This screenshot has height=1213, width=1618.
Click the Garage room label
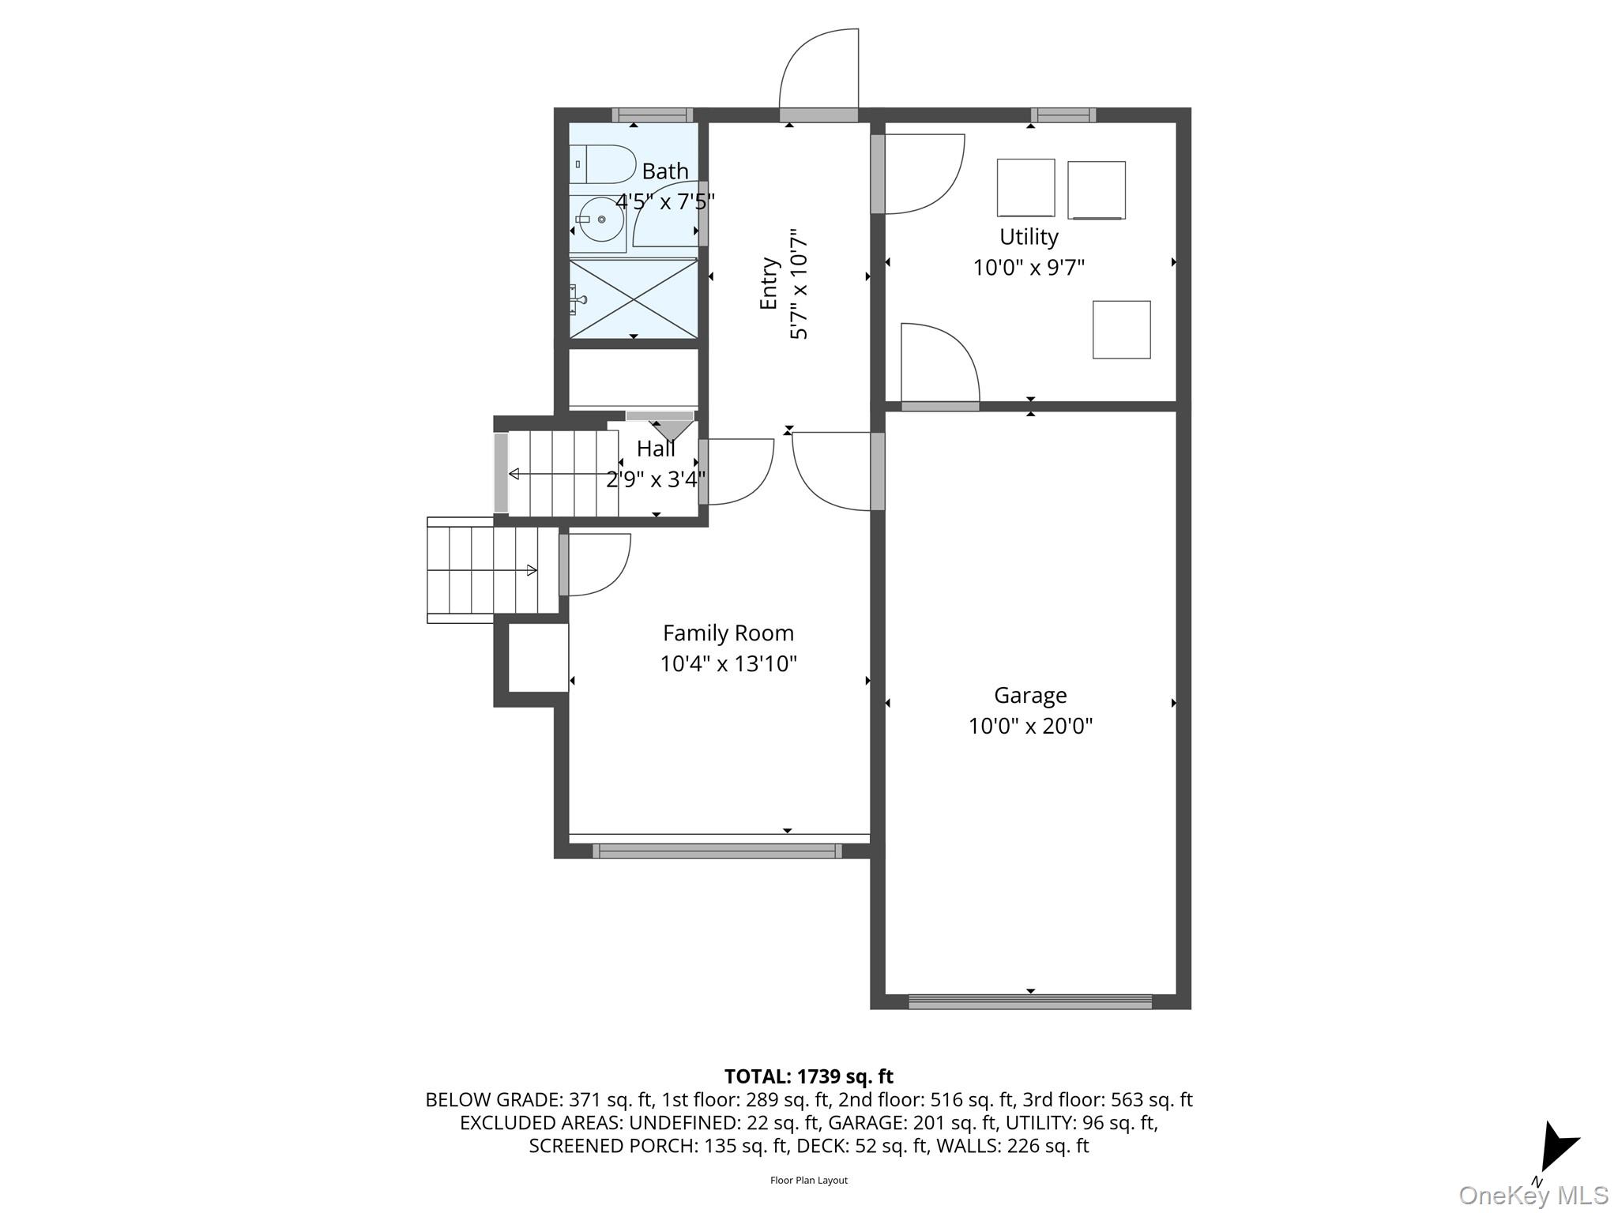tap(1029, 695)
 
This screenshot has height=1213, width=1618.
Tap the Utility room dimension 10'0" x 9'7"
tap(1028, 268)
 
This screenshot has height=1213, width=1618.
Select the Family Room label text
tap(728, 633)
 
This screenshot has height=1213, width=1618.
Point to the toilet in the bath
tap(601, 164)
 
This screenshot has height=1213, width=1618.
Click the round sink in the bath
tap(601, 220)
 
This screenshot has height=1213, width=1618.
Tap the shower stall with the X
tap(633, 299)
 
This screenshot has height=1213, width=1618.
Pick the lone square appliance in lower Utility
tap(1120, 329)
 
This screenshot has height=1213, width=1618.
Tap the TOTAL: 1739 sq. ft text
tap(808, 1076)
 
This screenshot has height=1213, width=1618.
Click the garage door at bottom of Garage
tap(1029, 1001)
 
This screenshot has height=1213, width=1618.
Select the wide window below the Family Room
tap(717, 851)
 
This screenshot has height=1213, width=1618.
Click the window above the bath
tap(652, 115)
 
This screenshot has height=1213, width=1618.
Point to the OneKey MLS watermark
tap(1533, 1195)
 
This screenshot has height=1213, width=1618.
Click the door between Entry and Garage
tap(877, 471)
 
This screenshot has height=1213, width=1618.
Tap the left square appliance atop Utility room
tap(1025, 187)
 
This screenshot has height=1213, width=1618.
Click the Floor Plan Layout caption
tap(808, 1180)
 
